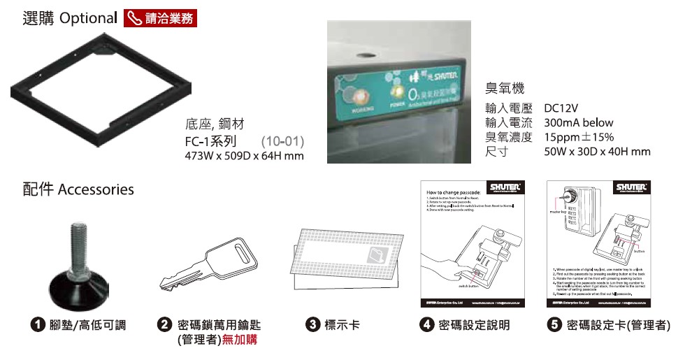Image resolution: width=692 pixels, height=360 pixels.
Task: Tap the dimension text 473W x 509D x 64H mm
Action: coord(244,155)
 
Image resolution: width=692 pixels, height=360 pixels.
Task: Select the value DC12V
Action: coord(561,109)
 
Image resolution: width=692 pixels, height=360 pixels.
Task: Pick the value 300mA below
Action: coord(578,123)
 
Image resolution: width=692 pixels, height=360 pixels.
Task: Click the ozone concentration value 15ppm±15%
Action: coord(579,137)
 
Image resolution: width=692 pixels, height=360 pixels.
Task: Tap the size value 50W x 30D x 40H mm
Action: coord(597,151)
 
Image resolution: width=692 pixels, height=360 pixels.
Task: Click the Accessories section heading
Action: coord(78,189)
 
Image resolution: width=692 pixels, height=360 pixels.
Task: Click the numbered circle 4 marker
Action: coord(426,325)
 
